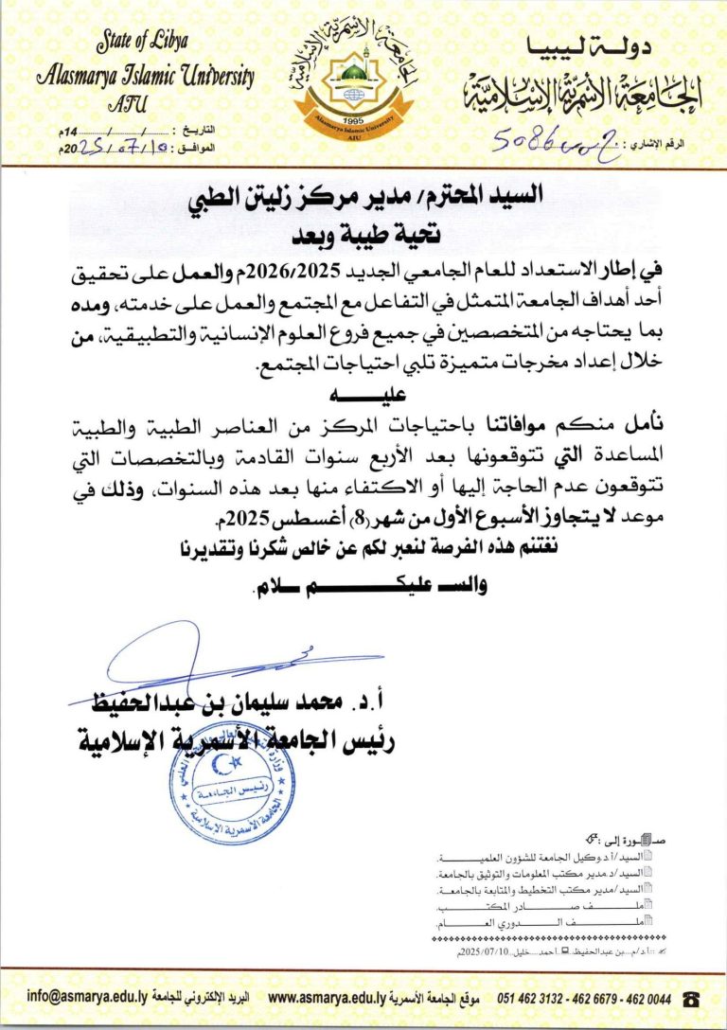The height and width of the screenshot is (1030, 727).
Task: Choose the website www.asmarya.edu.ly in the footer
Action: pos(327,997)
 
